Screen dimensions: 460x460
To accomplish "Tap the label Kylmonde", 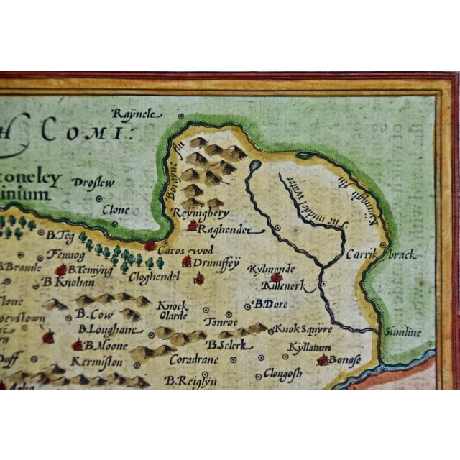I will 267,268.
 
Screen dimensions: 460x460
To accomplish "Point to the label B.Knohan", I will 64,282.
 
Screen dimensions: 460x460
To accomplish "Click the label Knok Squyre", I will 303,329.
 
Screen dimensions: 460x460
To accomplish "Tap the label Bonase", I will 346,360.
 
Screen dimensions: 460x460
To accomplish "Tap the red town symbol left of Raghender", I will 192,226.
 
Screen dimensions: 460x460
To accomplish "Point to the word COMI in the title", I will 81,132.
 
